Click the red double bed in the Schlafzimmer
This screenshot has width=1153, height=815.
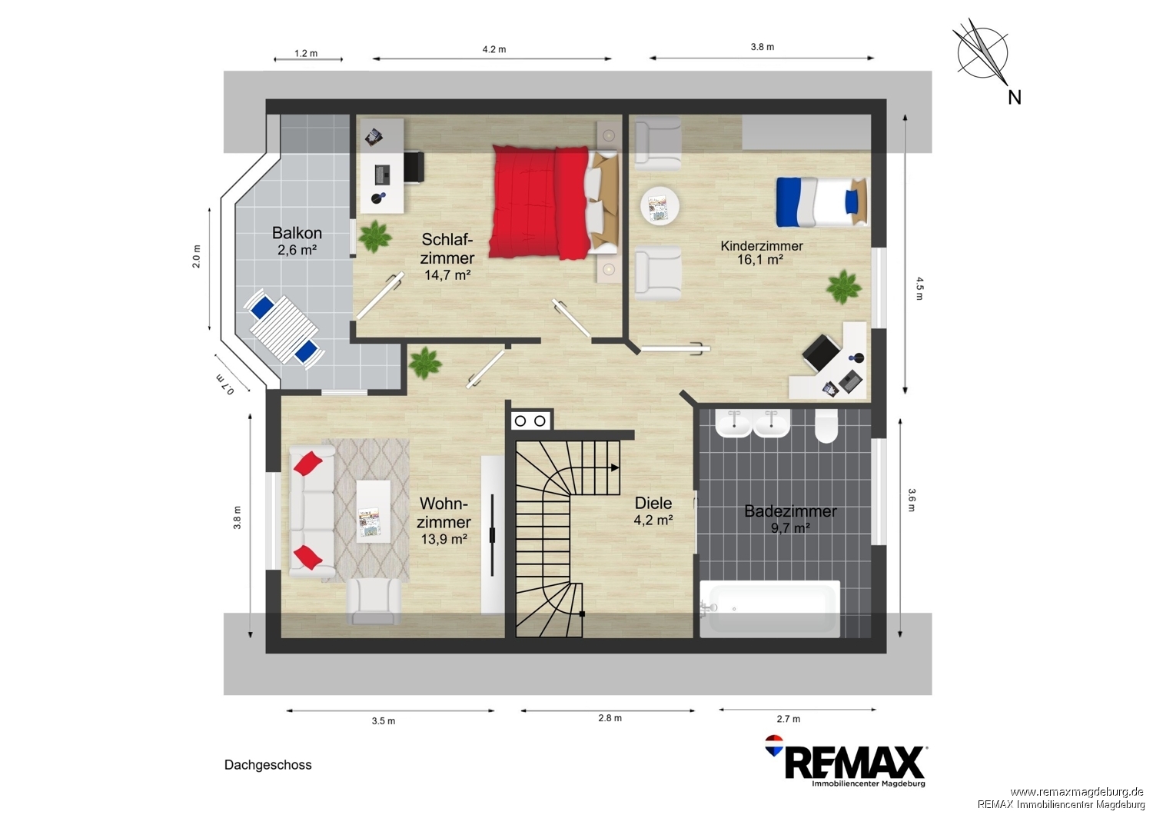point(553,201)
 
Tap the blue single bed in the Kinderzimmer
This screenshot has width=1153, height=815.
point(822,201)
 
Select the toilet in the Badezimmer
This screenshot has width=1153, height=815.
point(826,426)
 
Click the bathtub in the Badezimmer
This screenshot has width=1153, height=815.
point(770,609)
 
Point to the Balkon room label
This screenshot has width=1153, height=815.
point(297,233)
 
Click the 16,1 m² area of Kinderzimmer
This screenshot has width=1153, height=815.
point(760,259)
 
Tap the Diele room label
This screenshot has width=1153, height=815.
point(653,503)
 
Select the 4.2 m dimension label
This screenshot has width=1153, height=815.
point(494,49)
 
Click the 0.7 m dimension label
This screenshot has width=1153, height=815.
point(224,384)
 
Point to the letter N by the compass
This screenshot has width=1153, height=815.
point(1015,98)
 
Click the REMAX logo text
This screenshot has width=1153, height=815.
point(854,763)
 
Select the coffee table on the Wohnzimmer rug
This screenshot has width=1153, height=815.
point(373,511)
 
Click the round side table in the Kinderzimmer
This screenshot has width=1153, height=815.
point(660,205)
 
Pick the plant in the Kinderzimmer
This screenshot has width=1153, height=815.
point(843,287)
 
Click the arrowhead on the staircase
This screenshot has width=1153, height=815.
point(615,467)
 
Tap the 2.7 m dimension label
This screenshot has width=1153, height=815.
point(789,719)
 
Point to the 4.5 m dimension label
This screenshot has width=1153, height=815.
point(920,289)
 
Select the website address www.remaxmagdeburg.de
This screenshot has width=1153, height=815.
point(1077,792)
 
